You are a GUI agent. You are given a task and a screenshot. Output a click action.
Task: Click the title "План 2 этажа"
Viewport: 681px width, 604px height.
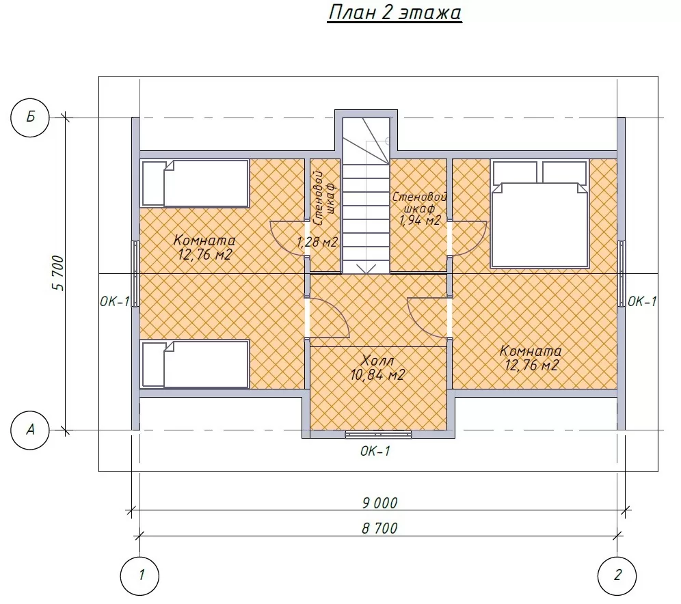395,12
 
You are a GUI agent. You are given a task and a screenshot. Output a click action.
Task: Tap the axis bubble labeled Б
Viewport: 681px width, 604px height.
30,118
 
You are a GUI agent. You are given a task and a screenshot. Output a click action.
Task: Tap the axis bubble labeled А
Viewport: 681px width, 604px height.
30,430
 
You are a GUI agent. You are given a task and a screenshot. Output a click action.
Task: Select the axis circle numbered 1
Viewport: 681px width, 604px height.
139,576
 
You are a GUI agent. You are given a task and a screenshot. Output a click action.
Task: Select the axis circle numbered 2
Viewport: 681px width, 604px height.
617,576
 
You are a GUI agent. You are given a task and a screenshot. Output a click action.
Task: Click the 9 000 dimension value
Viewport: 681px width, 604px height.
379,503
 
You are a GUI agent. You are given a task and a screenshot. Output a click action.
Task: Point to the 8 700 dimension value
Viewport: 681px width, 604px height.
379,528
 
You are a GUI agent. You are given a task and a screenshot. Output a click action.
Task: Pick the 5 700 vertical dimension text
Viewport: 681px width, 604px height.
58,273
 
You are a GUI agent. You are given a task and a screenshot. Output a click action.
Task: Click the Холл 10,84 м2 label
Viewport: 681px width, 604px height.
378,368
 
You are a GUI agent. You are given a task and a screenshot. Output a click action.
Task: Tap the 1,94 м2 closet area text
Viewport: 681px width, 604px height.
420,220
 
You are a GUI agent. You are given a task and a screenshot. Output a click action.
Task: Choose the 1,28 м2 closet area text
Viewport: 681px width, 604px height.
317,242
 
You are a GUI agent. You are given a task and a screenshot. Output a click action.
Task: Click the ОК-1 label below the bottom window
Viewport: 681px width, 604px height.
375,451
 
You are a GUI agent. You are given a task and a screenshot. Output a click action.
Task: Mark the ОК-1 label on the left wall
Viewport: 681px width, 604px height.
115,301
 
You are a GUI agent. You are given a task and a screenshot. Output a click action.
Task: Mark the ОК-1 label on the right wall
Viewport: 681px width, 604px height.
642,301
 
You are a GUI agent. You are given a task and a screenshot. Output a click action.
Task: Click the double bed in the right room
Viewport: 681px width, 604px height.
540,213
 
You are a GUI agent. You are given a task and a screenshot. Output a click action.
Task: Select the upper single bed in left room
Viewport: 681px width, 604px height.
195,183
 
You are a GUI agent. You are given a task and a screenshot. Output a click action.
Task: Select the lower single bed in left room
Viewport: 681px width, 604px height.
195,364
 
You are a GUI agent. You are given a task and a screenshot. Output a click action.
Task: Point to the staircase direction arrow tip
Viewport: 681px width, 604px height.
367,273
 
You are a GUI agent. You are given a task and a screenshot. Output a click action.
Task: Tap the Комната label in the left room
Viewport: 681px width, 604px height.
204,240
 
